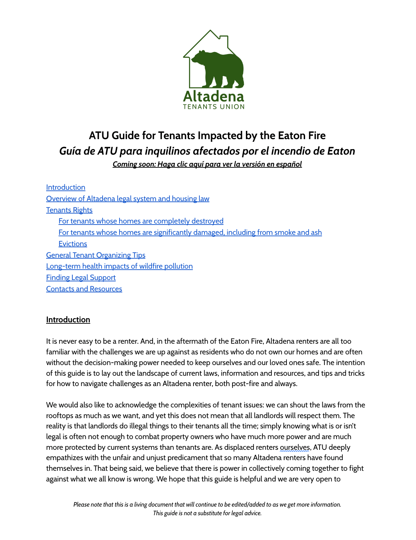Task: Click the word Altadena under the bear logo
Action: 214,96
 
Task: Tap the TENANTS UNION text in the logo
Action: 214,107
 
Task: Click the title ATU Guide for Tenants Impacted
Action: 207,135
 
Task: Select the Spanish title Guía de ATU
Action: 207,151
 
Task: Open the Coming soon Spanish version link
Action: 207,164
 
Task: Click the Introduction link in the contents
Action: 66,187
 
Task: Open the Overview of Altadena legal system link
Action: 128,199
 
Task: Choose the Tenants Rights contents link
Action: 69,210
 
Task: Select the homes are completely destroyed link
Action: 141,221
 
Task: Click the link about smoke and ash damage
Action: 190,232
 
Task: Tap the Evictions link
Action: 73,244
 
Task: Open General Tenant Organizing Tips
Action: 96,255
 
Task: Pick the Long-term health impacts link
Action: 119,266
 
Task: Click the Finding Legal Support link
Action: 81,278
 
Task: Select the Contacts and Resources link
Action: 84,289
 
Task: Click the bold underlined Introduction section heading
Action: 68,320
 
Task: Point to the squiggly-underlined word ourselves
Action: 295,447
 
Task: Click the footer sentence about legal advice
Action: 207,513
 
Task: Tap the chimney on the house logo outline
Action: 224,39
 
